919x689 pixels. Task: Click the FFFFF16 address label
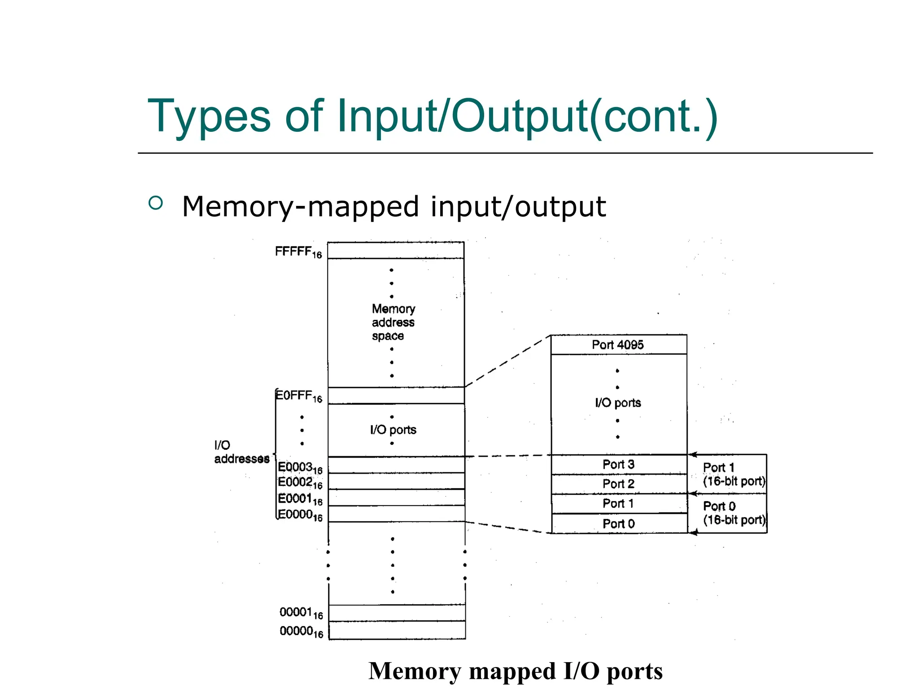tap(298, 252)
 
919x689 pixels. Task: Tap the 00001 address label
tap(301, 613)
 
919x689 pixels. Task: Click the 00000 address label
tap(301, 632)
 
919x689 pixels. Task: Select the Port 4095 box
tap(618, 345)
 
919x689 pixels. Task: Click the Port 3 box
tap(618, 465)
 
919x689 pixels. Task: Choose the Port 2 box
tap(618, 484)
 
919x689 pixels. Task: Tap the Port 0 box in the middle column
tap(618, 523)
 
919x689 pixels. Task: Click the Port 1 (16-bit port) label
tap(733, 474)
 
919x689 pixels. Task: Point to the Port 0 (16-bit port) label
tap(733, 513)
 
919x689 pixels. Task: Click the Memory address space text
tap(393, 323)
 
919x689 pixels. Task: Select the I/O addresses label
tap(241, 452)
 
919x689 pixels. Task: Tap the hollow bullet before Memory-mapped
tap(155, 203)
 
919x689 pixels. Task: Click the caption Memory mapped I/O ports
tap(516, 671)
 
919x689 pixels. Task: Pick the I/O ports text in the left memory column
tap(393, 430)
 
